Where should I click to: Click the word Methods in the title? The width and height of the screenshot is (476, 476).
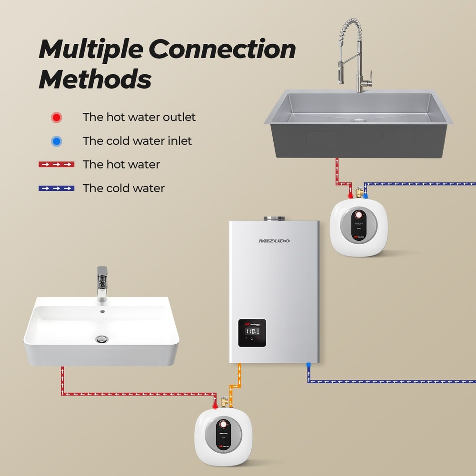coord(95,79)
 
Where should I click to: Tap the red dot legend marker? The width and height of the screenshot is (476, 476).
coord(57,117)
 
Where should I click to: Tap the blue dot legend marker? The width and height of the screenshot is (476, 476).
coord(57,141)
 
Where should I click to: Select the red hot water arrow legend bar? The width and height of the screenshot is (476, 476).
coord(57,165)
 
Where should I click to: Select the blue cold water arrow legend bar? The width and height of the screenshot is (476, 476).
coord(57,188)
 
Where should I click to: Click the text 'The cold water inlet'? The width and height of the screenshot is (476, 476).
coord(137,141)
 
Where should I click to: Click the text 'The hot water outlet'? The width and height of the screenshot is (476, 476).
coord(139,117)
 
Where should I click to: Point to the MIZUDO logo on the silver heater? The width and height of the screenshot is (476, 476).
coord(274,241)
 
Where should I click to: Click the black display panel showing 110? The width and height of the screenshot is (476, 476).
coord(252,332)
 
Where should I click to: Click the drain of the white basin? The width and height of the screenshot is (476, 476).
coord(102,338)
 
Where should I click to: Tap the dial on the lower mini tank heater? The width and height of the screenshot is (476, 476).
coord(224,425)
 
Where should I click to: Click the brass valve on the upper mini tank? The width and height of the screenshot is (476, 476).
coord(358,193)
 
